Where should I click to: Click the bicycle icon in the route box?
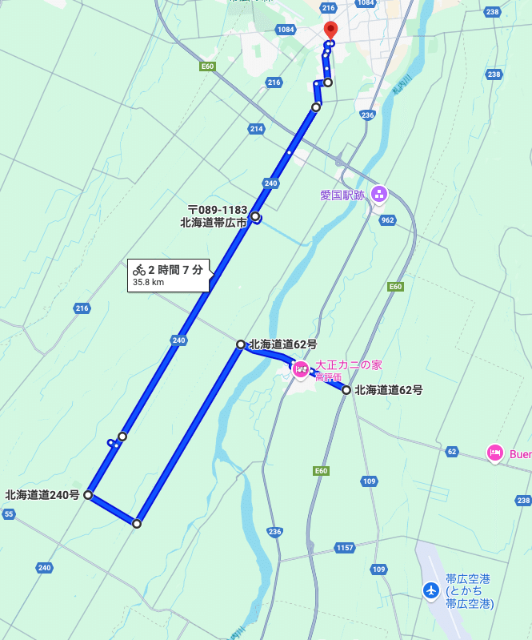[x=139, y=270]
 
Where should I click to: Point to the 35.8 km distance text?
[x=148, y=282]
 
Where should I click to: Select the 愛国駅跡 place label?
[x=342, y=194]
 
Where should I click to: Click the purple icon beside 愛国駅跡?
[x=379, y=193]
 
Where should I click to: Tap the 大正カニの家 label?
[x=348, y=365]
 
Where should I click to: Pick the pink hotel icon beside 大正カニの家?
[x=301, y=368]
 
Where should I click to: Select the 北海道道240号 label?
[x=42, y=495]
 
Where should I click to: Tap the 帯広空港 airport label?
[x=468, y=578]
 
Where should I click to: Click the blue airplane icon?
[x=431, y=590]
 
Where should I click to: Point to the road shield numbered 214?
[x=256, y=128]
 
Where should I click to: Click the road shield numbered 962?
[x=388, y=219]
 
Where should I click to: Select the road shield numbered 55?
[x=9, y=513]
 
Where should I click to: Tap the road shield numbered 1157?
[x=344, y=547]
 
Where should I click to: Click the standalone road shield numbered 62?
[x=452, y=452]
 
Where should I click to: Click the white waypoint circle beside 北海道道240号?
[x=88, y=495]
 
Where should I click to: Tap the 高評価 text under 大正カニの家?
[x=328, y=377]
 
